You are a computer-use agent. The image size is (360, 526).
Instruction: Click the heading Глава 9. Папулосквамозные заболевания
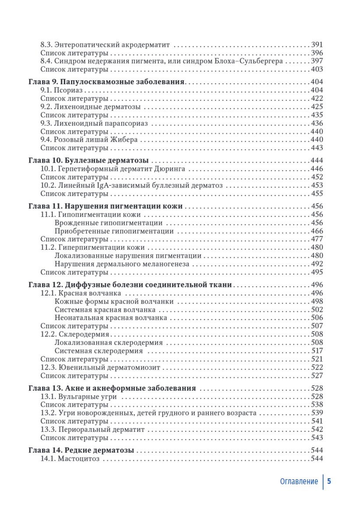107,82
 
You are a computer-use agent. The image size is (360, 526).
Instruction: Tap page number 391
316,45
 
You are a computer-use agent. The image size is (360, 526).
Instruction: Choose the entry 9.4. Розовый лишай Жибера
89,140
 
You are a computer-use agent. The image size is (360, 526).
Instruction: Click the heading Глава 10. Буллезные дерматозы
88,160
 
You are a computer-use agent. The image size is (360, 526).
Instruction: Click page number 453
316,185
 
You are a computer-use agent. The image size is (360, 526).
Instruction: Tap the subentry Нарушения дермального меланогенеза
122,264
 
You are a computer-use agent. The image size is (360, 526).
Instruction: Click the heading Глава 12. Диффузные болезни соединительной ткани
130,284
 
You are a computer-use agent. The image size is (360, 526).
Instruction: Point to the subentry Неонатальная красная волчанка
111,318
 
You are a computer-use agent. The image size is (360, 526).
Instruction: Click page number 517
316,351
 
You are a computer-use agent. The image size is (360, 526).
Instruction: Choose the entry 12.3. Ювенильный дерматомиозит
100,367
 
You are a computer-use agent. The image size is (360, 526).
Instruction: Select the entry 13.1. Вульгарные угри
78,396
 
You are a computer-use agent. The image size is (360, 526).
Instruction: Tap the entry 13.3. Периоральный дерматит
92,430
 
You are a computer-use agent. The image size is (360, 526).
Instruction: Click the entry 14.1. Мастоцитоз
70,458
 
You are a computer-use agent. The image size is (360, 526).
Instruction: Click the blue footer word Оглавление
299,481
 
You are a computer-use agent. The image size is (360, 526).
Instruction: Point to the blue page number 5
329,481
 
